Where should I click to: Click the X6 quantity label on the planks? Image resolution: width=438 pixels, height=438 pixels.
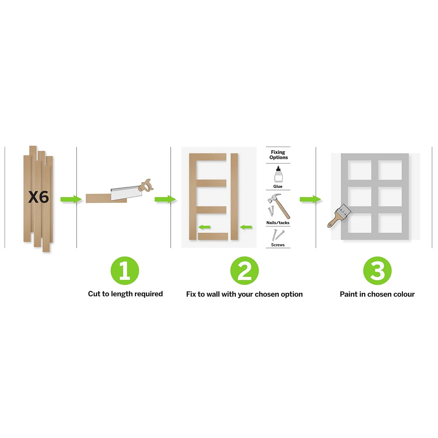pyautogui.click(x=39, y=197)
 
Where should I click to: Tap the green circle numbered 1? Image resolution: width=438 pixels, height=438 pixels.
pyautogui.click(x=125, y=271)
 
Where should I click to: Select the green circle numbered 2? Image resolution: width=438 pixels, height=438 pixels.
pyautogui.click(x=244, y=271)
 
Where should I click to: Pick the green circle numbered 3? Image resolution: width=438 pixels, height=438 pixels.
pyautogui.click(x=377, y=271)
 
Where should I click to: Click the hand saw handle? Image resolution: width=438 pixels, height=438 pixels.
pyautogui.click(x=146, y=186)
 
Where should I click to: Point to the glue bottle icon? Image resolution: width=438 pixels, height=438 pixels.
pyautogui.click(x=278, y=174)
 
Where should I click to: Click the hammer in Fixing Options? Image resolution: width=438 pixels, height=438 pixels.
pyautogui.click(x=279, y=206)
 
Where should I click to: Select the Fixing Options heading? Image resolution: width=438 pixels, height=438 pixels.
pyautogui.click(x=278, y=155)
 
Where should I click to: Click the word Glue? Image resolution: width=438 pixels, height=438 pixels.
pyautogui.click(x=278, y=186)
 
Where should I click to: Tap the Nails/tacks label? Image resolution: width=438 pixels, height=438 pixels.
pyautogui.click(x=278, y=223)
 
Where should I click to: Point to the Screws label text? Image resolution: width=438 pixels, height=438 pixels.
pyautogui.click(x=278, y=245)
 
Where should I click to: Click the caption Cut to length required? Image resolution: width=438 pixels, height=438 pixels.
pyautogui.click(x=125, y=294)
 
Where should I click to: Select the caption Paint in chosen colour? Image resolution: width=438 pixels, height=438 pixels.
pyautogui.click(x=377, y=294)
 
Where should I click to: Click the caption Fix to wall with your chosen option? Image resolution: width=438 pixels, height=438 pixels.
pyautogui.click(x=244, y=294)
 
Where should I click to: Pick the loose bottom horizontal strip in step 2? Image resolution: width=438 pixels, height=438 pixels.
pyautogui.click(x=213, y=236)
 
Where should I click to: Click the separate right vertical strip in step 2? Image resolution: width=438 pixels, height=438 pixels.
pyautogui.click(x=234, y=196)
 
